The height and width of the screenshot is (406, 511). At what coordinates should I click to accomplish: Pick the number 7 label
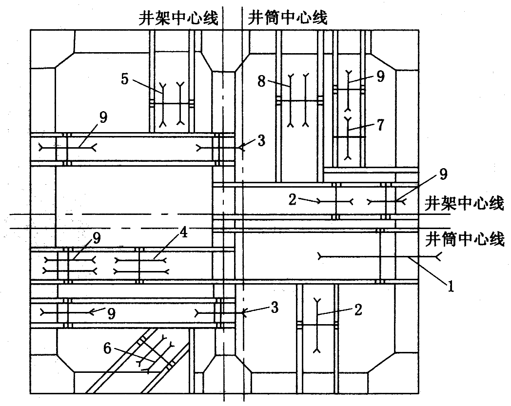tap(380, 125)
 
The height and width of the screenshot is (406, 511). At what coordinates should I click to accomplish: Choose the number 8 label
tap(262, 81)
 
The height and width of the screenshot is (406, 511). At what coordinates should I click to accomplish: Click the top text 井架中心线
tap(177, 19)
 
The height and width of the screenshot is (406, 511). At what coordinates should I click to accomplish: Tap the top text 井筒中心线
tap(288, 19)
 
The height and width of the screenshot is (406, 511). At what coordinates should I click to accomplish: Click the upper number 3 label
tap(261, 141)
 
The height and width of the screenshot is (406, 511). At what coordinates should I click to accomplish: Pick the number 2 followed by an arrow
tap(292, 198)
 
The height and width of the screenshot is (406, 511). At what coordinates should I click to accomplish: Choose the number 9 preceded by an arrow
tap(111, 313)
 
